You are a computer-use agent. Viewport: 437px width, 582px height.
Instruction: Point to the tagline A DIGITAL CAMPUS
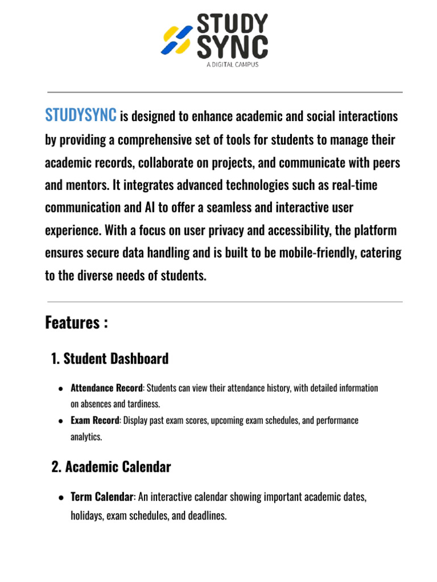(232, 65)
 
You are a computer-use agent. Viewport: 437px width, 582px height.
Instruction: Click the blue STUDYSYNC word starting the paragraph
(80, 116)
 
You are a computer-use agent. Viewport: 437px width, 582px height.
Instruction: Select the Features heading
(76, 323)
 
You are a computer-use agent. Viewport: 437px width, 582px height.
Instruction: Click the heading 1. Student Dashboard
(110, 359)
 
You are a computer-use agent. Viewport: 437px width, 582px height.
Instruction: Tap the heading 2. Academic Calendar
(111, 467)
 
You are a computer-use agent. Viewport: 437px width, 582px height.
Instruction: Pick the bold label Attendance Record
(106, 388)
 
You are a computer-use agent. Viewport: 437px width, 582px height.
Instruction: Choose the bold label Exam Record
(95, 421)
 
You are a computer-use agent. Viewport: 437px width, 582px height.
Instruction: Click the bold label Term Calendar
(102, 497)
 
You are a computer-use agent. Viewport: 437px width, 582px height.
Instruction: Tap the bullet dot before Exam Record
(60, 421)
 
